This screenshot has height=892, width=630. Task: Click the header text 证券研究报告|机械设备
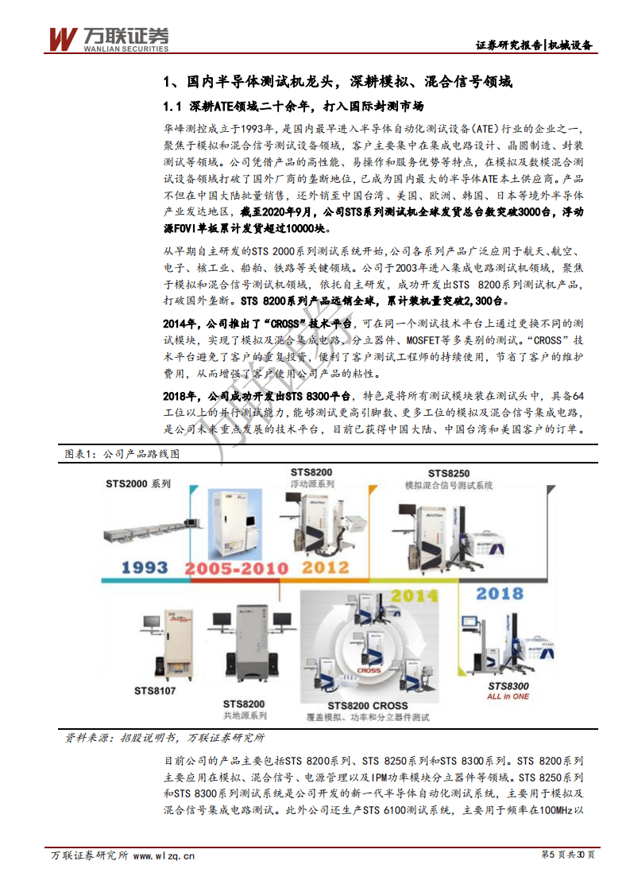pos(533,45)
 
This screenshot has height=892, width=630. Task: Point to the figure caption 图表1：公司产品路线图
pos(122,454)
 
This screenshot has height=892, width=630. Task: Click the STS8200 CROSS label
pos(367,705)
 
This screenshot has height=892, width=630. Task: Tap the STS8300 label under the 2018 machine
pos(508,685)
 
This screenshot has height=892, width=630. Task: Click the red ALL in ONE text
pos(508,696)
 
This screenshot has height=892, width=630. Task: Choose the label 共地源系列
pos(245,716)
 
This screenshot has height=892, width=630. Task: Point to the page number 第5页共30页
pos(566,855)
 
